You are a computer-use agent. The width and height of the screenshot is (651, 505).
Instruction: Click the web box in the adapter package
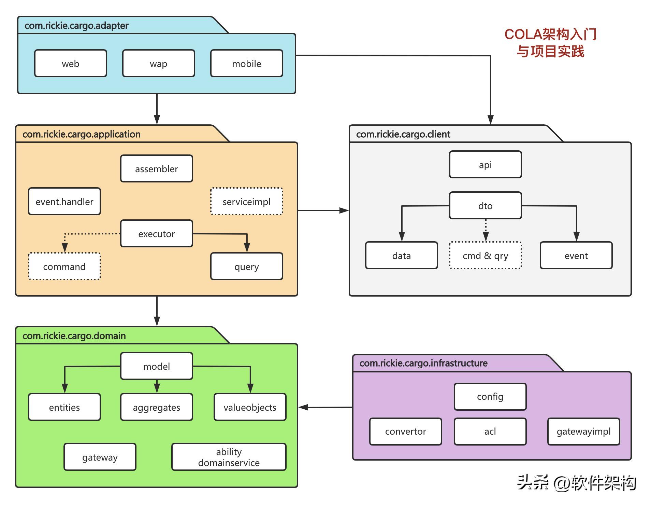(x=71, y=64)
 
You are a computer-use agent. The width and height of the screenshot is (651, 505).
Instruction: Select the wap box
(x=158, y=64)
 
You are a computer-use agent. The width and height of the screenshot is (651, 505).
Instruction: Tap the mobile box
(x=246, y=64)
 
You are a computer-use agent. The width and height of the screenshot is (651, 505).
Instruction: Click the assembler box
(x=156, y=169)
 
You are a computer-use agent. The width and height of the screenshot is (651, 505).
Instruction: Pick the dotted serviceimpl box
(x=246, y=202)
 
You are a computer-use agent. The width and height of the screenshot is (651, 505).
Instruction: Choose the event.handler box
(x=64, y=202)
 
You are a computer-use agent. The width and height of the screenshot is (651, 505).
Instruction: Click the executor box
(x=156, y=234)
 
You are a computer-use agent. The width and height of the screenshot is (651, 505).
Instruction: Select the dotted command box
(x=64, y=267)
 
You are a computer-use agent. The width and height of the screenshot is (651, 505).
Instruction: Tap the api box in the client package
(x=485, y=165)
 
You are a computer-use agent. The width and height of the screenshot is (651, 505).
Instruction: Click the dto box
(x=485, y=206)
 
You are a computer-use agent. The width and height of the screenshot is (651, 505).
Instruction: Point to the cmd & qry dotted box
(x=485, y=256)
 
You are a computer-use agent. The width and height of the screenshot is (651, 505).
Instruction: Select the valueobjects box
(x=250, y=407)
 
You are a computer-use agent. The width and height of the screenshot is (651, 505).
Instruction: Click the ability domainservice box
(x=229, y=457)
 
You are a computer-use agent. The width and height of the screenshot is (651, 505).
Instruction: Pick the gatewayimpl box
(x=583, y=432)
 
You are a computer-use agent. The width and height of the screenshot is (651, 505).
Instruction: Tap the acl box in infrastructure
(x=490, y=432)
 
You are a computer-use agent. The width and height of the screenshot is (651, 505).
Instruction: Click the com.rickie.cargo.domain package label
(x=74, y=336)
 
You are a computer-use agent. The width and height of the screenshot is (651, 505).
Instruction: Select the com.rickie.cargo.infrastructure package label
(x=423, y=363)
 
